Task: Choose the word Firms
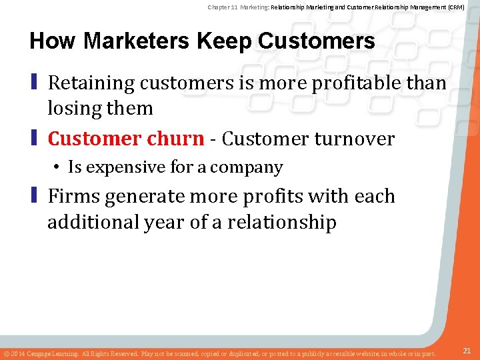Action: [73, 197]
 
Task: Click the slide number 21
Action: [467, 351]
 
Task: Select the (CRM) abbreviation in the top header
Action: [455, 7]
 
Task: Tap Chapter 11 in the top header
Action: [223, 7]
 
